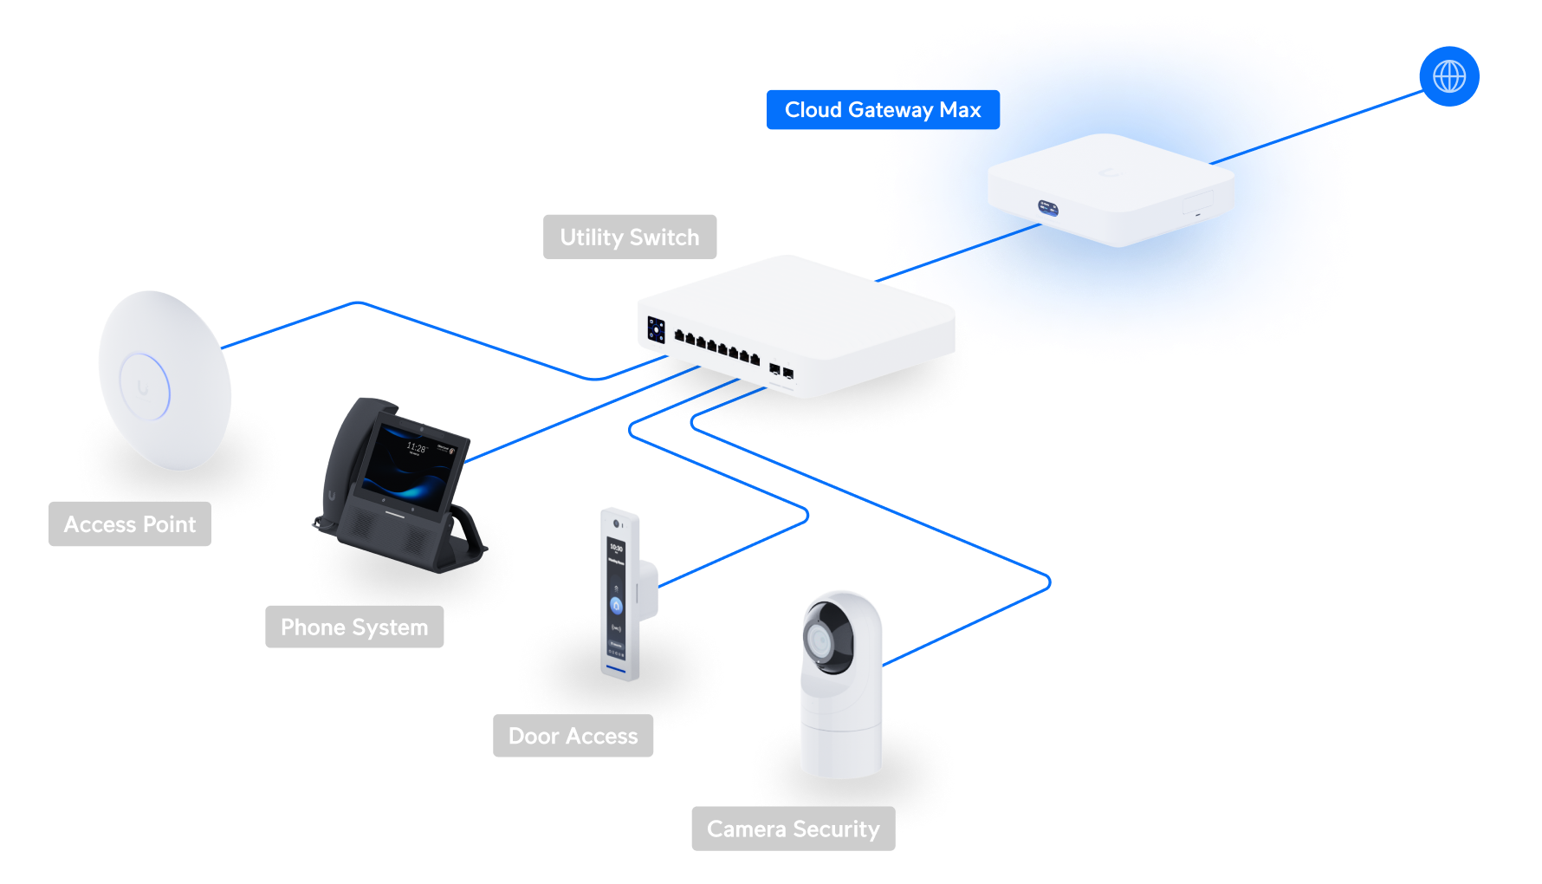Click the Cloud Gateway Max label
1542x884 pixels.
tap(882, 110)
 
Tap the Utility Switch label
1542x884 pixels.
tap(630, 237)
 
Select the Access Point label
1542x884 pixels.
tap(130, 524)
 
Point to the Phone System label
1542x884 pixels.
tap(354, 627)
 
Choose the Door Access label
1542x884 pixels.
tap(573, 736)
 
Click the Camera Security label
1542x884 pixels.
tap(793, 829)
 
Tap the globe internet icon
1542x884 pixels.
tap(1448, 76)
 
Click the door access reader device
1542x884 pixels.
tap(619, 595)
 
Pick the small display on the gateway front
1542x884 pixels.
tap(1048, 208)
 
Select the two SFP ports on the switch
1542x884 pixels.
tap(781, 371)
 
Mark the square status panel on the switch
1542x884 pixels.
tap(656, 330)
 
